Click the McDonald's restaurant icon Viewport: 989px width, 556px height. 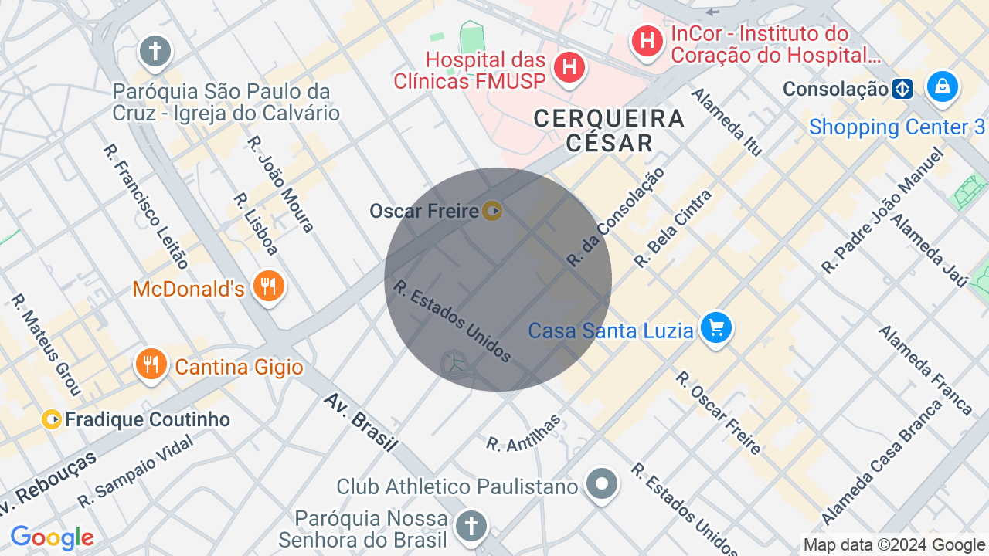268,286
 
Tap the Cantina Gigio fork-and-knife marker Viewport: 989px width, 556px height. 151,364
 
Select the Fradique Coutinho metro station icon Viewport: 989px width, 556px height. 52,419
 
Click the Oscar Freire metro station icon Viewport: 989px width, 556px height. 492,210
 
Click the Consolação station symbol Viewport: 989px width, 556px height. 902,89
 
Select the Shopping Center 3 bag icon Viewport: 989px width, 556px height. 943,86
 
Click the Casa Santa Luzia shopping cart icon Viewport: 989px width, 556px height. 716,328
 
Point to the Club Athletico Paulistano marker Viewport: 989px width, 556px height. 601,484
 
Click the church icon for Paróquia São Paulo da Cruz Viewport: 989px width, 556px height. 155,52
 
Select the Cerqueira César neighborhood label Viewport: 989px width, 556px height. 610,131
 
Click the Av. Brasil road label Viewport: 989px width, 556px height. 361,422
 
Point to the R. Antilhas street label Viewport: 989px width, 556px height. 523,432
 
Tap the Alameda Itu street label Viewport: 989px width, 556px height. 726,121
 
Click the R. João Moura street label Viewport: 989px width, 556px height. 280,184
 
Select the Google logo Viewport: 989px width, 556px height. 52,537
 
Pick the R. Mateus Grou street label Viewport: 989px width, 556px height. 46,344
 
